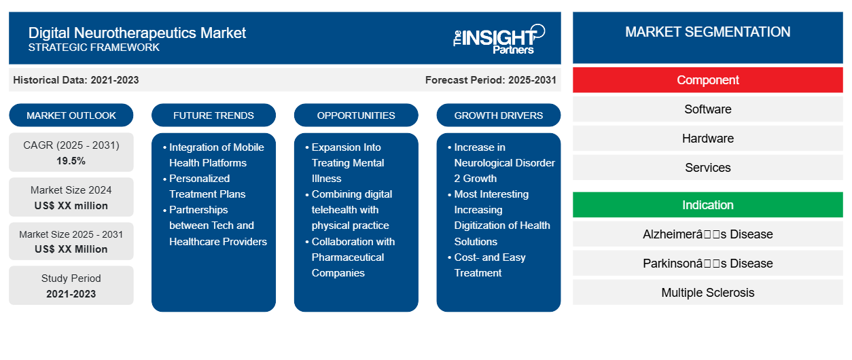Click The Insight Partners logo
(x=499, y=39)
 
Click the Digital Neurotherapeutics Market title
(x=137, y=33)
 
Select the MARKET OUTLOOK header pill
(x=71, y=115)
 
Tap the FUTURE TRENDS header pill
(x=213, y=115)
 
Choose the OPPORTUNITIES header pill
(x=356, y=115)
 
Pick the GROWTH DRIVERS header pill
(x=499, y=115)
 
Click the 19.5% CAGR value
(x=71, y=161)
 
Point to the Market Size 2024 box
(x=71, y=198)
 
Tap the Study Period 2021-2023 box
(x=71, y=286)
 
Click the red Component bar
(x=707, y=80)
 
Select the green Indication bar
(x=707, y=205)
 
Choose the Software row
(x=707, y=109)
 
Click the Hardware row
(x=707, y=139)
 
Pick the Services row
(x=707, y=168)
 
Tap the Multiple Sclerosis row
(x=707, y=293)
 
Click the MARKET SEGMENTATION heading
(x=707, y=32)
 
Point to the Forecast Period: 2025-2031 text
(x=491, y=80)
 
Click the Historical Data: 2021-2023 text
(x=76, y=80)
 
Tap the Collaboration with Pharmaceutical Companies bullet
(x=353, y=257)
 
